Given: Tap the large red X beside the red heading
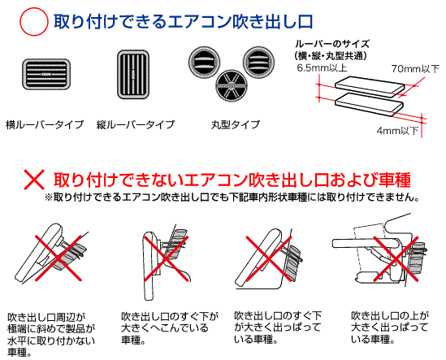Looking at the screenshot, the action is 34,180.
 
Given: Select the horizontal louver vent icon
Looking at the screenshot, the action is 46,74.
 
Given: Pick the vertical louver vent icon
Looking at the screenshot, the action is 133,75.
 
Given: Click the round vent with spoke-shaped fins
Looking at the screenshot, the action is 232,85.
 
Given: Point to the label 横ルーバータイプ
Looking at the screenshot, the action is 45,124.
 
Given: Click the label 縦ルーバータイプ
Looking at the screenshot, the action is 136,124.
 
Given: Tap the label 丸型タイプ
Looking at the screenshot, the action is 236,124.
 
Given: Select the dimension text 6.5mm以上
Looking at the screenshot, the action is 322,68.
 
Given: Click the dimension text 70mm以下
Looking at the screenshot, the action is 415,69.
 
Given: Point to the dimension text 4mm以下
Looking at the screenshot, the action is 397,131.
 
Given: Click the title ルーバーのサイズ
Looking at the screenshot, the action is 332,44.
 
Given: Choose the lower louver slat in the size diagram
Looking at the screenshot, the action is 369,103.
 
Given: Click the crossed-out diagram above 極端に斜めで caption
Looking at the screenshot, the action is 54,254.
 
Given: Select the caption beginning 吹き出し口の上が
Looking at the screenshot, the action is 390,327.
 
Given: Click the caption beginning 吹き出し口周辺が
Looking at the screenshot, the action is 51,335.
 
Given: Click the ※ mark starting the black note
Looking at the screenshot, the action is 49,197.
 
